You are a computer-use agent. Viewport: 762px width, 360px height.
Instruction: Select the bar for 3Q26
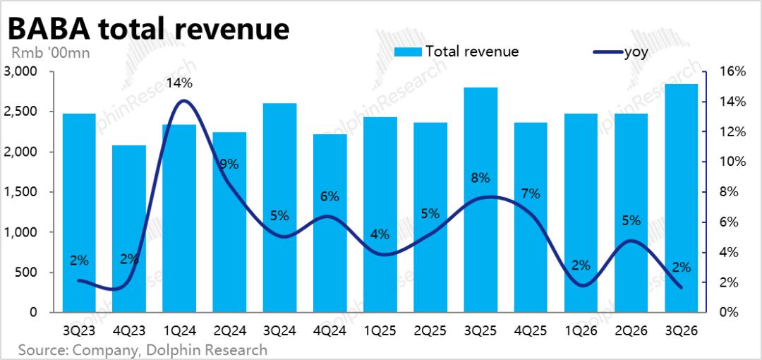(682, 198)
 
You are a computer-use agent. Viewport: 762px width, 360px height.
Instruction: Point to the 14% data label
(179, 83)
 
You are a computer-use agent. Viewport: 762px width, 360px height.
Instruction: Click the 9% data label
(229, 164)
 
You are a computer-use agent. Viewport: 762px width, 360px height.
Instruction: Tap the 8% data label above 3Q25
(480, 178)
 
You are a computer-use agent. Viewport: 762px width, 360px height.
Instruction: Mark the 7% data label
(531, 193)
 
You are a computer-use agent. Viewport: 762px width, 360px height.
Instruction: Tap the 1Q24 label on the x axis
(179, 330)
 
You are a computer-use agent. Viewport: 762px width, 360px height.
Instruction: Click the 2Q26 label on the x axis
(631, 330)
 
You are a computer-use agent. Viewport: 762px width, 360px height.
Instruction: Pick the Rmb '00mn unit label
(50, 52)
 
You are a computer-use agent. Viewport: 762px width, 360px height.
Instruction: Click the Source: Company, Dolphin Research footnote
(143, 349)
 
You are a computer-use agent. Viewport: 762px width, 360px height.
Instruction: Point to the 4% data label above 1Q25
(380, 234)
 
